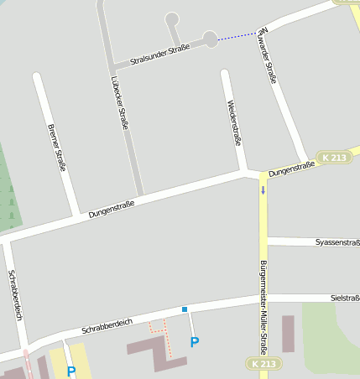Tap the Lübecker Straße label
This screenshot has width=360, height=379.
(x=119, y=102)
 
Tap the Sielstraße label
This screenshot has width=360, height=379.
(x=345, y=298)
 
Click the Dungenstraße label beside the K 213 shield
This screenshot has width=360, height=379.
(x=291, y=169)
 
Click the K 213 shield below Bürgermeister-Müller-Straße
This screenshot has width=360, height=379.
(x=263, y=364)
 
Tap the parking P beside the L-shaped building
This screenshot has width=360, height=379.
(x=195, y=341)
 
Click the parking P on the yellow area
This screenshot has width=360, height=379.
(x=71, y=370)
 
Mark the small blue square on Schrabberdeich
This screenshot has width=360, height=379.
(x=185, y=309)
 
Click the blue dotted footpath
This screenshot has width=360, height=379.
(x=237, y=35)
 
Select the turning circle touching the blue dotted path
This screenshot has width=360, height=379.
(x=210, y=38)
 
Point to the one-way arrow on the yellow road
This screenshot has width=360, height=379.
(x=263, y=189)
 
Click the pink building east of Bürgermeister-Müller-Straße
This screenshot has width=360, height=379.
(x=288, y=333)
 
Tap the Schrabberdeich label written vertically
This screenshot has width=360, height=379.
(x=13, y=295)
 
